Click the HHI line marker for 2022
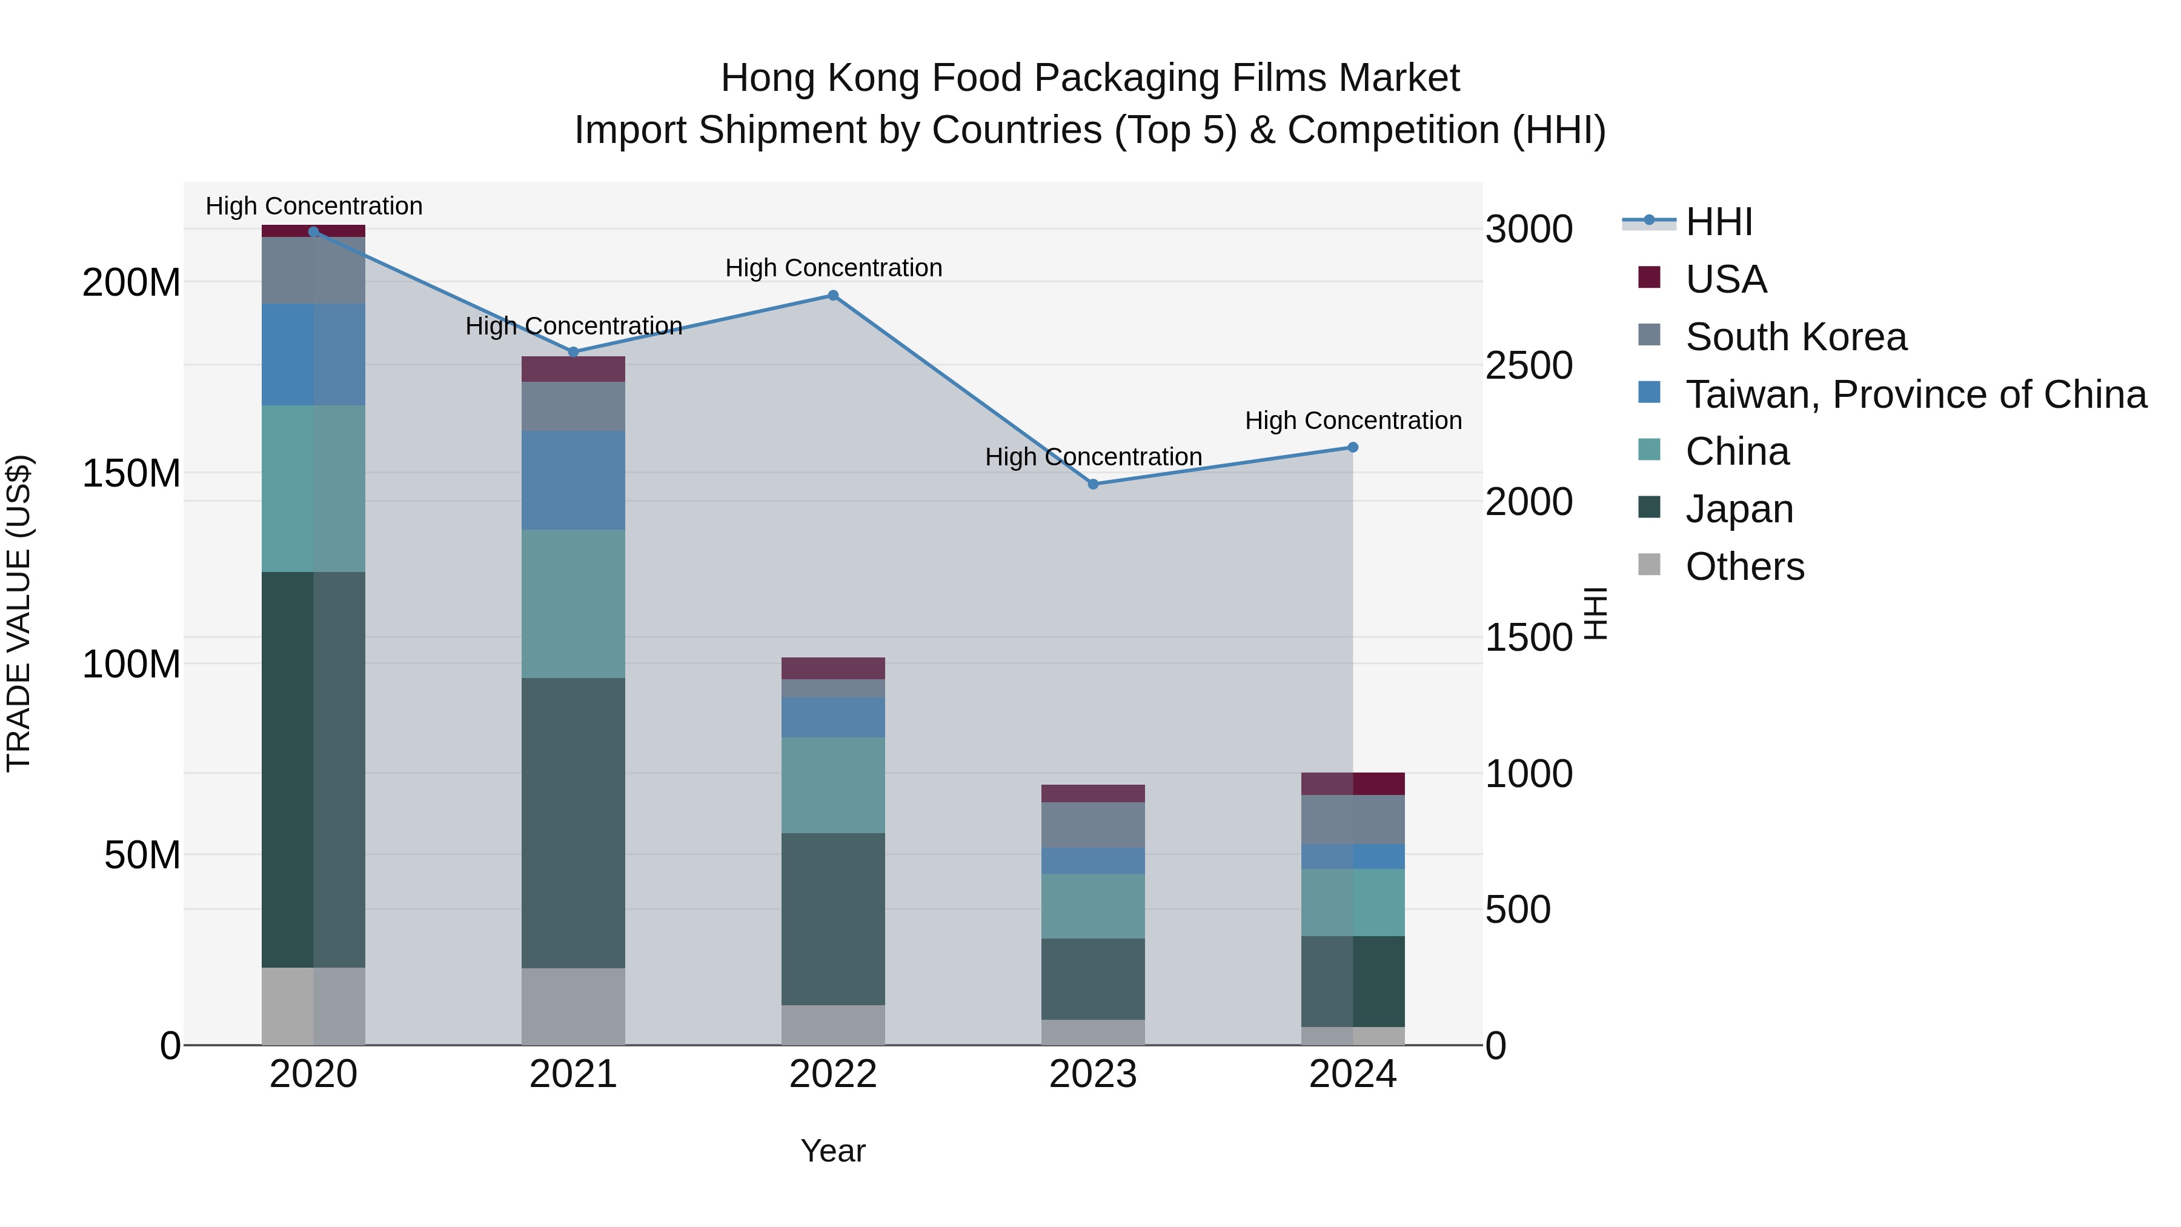833,296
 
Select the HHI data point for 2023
1093,484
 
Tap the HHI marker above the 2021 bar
573,352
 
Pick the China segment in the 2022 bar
833,785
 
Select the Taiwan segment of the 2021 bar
573,480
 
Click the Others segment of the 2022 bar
833,1025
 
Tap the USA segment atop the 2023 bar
1093,793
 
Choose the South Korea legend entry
1795,337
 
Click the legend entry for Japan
1739,509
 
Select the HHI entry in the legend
1719,222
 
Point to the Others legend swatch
1649,565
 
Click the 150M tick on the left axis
131,473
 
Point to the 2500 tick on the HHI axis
1529,366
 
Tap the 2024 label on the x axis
1352,1074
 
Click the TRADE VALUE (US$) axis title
19,613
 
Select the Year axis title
833,1151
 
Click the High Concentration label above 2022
833,268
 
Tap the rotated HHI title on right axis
1595,613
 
